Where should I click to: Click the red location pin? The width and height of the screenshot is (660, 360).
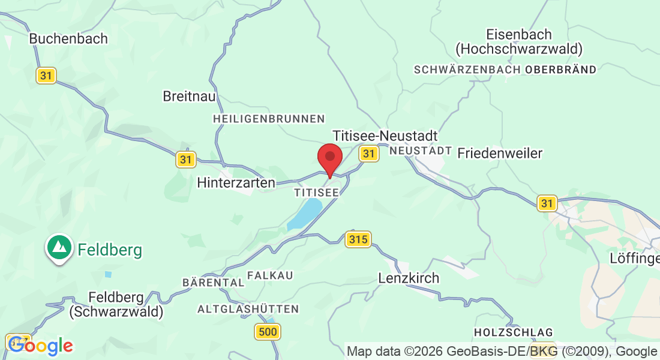point(329,158)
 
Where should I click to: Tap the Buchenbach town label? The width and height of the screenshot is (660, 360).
point(68,38)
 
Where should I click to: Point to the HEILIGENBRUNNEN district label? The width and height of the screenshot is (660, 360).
point(269,119)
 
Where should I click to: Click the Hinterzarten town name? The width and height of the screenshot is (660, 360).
point(236,182)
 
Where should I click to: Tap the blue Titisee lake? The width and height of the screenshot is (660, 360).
point(305,214)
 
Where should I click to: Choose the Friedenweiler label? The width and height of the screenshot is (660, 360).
point(500,153)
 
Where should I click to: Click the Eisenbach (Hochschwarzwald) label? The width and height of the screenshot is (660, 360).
point(519,41)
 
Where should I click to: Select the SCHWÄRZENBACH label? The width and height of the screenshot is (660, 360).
point(467,70)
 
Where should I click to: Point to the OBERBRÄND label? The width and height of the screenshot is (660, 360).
point(561,70)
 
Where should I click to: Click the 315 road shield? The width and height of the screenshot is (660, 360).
point(358,239)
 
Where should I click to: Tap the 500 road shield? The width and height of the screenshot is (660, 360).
point(268,331)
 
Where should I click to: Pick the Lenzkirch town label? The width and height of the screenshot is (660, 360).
point(409,278)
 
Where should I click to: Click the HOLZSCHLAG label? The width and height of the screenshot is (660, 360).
point(513,332)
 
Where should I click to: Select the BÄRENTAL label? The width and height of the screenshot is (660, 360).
point(213,282)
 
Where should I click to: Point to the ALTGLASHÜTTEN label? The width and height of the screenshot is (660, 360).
point(248,309)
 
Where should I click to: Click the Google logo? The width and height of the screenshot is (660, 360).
point(40,346)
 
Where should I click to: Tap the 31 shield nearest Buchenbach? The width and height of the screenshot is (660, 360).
point(46,76)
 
